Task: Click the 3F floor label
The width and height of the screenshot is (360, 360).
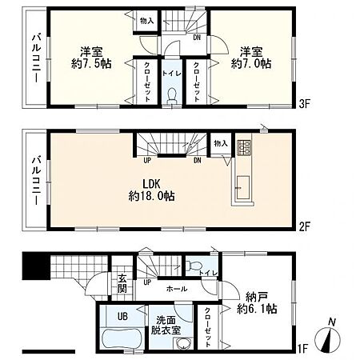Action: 304,104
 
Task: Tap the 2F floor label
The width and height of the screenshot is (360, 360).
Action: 304,227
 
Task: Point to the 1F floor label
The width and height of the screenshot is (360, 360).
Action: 303,348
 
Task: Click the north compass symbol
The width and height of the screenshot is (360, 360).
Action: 328,337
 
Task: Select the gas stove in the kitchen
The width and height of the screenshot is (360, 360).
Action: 244,147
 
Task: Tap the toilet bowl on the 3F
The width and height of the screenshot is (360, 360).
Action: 172,96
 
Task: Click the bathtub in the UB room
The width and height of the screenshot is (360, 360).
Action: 122,338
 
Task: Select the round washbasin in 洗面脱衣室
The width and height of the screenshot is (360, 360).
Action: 184,343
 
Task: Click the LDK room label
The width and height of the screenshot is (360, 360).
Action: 151,184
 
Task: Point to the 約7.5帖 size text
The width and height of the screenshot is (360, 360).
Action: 91,64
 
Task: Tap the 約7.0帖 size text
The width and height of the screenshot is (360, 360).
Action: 251,64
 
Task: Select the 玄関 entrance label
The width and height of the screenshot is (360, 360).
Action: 122,283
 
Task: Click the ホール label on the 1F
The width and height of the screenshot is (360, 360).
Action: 177,289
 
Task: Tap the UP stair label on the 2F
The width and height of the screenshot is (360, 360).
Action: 147,161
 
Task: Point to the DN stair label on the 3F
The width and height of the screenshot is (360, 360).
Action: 197,38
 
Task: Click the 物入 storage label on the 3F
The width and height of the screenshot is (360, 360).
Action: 147,21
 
